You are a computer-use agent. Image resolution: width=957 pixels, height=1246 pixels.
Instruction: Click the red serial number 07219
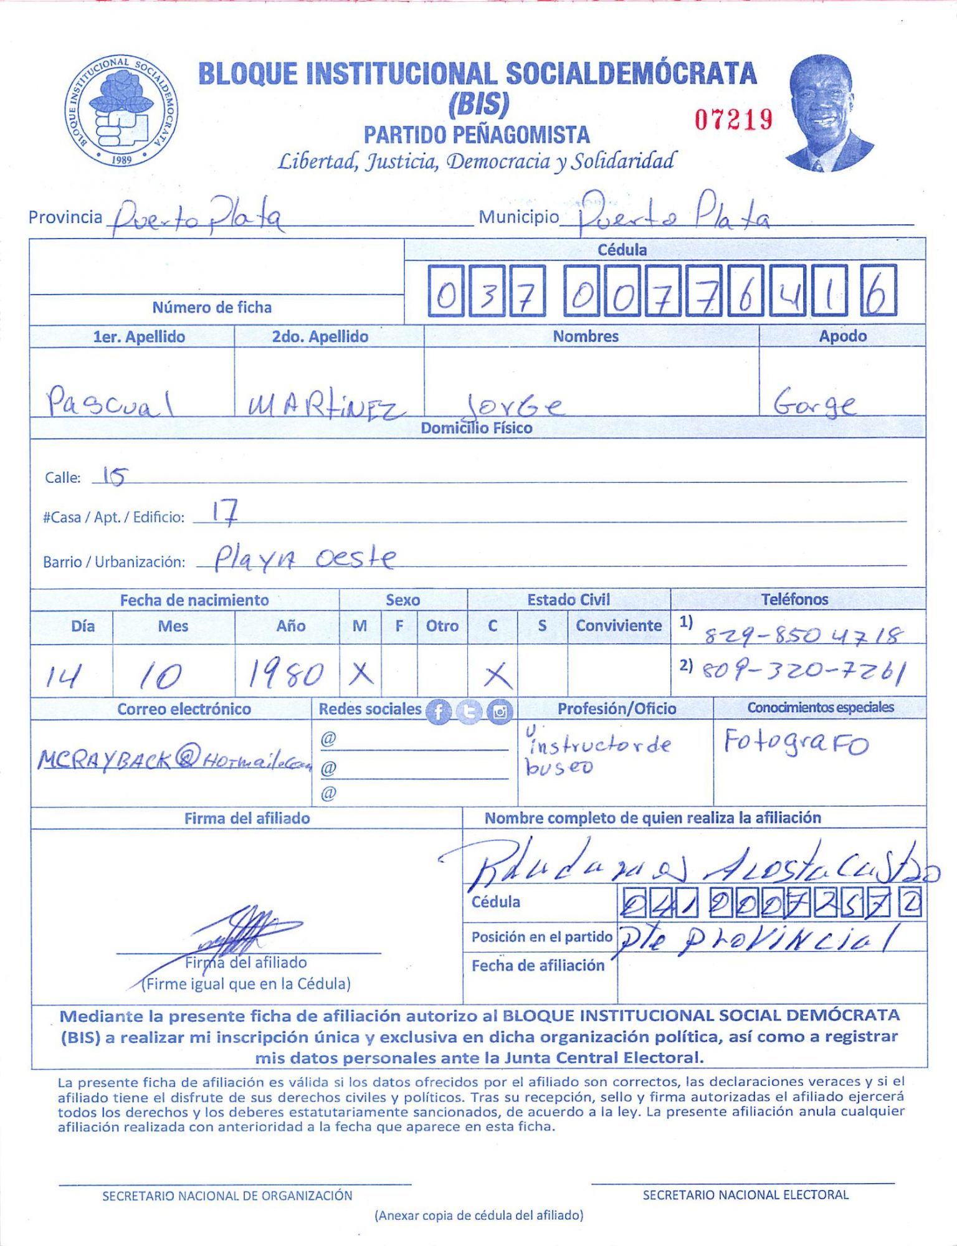tap(733, 119)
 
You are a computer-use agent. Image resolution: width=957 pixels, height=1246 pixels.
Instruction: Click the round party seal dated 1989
tap(121, 110)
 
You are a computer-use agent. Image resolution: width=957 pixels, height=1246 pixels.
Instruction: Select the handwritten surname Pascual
tap(109, 402)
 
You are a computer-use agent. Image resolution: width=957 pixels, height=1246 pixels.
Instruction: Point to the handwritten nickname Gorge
tap(814, 403)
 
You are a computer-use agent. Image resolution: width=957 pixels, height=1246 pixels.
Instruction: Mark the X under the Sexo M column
tap(361, 673)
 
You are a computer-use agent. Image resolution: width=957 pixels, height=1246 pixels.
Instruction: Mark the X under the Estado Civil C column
tap(497, 675)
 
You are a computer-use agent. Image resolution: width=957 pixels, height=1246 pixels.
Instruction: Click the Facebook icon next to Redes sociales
tap(439, 711)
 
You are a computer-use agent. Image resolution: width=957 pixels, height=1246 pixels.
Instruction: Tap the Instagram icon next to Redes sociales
tap(500, 711)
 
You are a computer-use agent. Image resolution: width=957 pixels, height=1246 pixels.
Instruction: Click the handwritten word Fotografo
tap(796, 743)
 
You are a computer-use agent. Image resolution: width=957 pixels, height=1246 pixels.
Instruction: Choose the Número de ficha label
tap(212, 307)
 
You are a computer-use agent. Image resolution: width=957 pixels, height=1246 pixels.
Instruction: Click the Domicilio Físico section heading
tap(477, 428)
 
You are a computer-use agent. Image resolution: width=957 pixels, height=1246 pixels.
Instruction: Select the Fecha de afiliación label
tap(538, 965)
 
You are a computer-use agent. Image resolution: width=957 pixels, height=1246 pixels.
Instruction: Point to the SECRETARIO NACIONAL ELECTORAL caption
tap(745, 1194)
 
